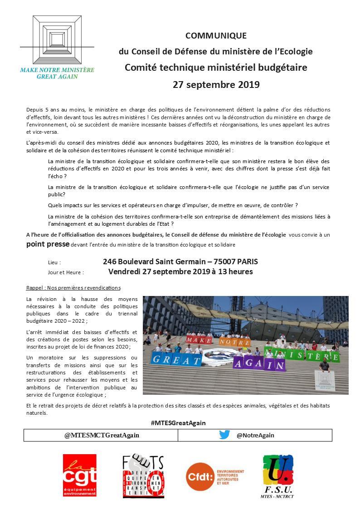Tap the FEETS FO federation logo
[x=143, y=476]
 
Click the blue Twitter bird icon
[x=224, y=435]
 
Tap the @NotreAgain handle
[x=255, y=435]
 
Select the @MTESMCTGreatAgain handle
[x=102, y=435]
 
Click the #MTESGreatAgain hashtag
[x=178, y=423]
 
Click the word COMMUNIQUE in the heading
[x=216, y=36]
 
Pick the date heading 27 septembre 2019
[x=216, y=85]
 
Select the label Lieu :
[x=54, y=262]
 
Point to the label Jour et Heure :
[x=66, y=272]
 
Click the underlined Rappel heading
[x=73, y=288]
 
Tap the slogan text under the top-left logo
[x=57, y=73]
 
